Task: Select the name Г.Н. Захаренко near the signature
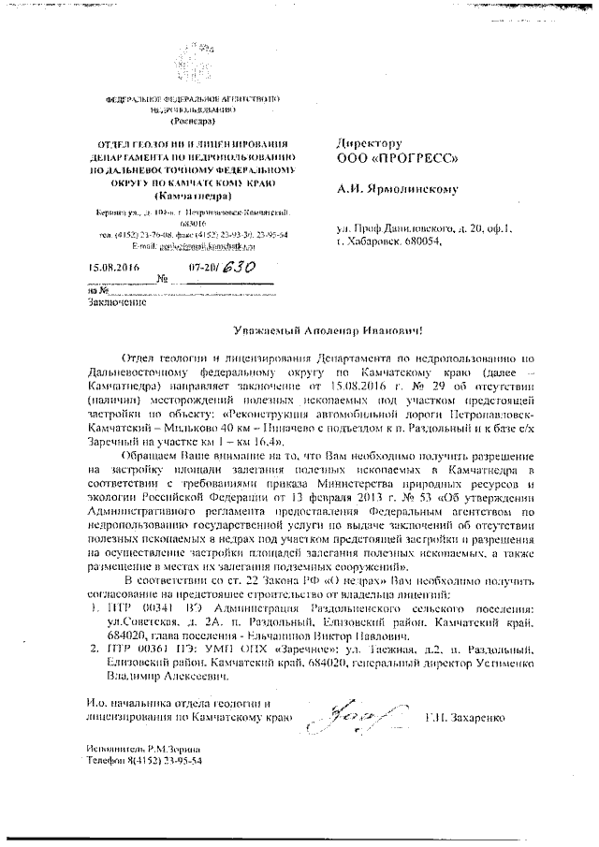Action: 464,717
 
